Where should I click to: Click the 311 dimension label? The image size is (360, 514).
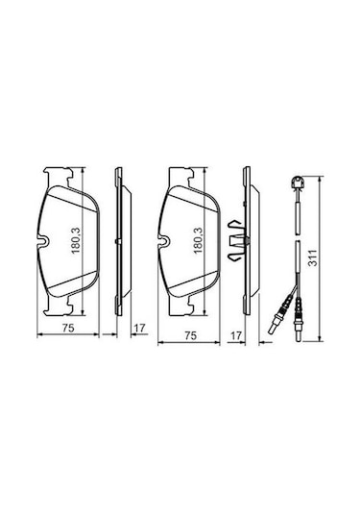[x=314, y=257]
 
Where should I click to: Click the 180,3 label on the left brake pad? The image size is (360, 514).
[x=76, y=240]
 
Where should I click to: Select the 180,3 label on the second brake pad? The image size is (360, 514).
[x=198, y=240]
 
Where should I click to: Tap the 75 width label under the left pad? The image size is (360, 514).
[x=68, y=328]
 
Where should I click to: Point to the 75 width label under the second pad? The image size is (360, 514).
[x=190, y=335]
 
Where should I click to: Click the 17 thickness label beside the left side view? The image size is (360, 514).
[x=139, y=328]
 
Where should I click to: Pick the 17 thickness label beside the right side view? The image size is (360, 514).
[x=236, y=335]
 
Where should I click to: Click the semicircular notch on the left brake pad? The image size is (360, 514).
[x=43, y=241]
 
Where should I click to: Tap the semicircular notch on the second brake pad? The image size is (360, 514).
[x=164, y=241]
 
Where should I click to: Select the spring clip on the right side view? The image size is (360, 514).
[x=236, y=241]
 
